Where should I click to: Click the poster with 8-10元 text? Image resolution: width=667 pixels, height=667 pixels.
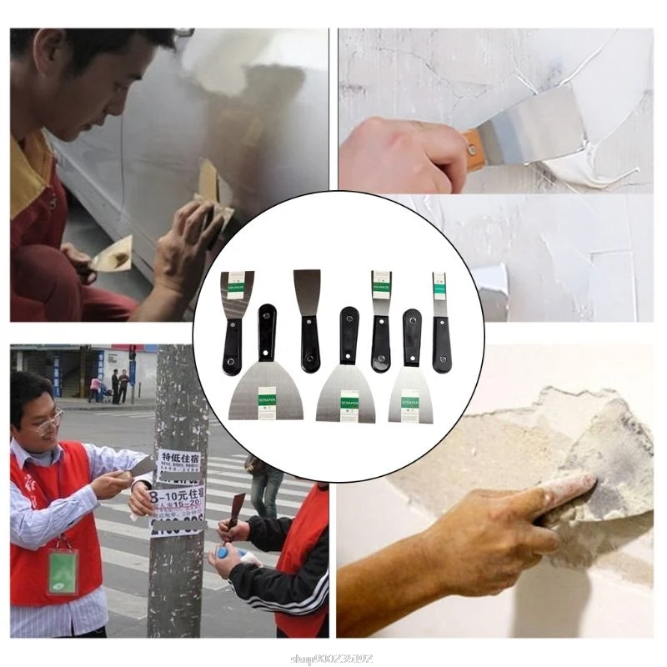click(178, 501)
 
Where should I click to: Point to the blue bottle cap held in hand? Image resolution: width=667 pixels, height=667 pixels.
click(223, 553)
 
